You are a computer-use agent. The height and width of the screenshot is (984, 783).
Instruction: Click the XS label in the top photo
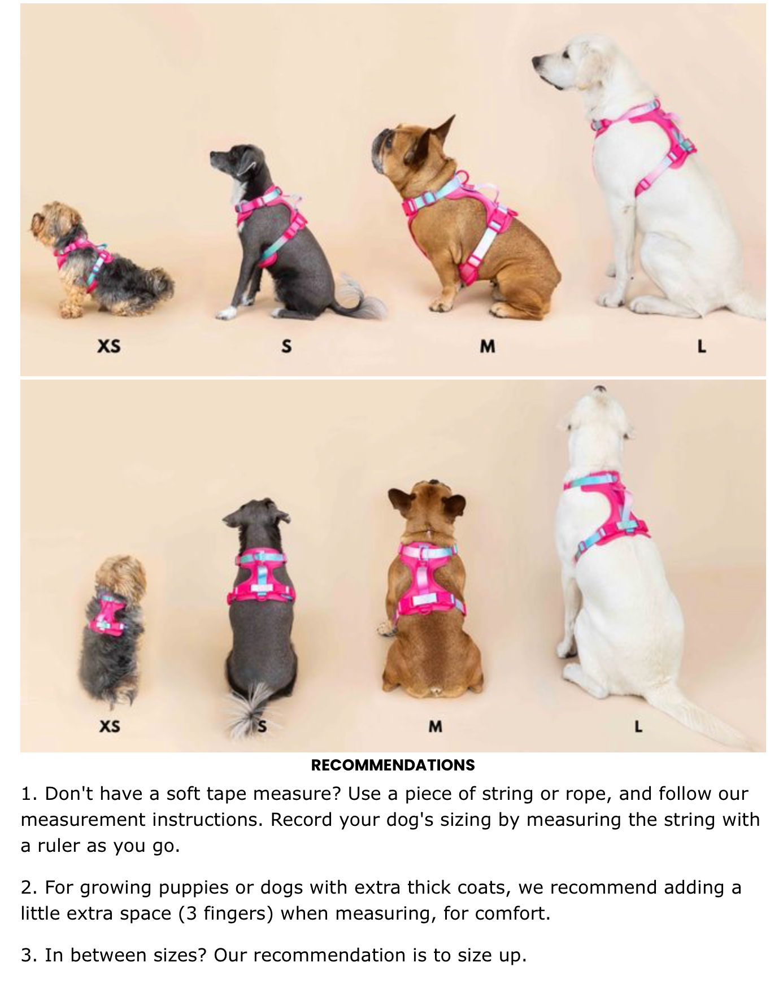[108, 345]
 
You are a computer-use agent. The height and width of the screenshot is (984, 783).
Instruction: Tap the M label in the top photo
[488, 346]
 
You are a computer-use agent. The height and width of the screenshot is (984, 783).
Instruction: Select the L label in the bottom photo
[638, 726]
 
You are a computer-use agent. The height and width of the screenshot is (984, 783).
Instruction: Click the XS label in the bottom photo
[110, 726]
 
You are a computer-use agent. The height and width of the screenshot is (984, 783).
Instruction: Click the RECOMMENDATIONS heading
[393, 765]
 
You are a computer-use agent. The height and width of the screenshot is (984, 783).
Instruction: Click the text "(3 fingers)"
[226, 913]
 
